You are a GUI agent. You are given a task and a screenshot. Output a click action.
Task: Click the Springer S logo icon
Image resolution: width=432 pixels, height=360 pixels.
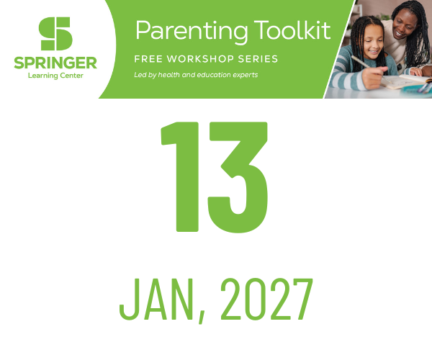[55, 34]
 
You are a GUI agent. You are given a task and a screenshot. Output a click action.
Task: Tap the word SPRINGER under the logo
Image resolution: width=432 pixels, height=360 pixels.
[55, 63]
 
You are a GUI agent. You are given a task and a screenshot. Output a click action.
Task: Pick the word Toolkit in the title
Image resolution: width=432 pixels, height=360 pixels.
[292, 30]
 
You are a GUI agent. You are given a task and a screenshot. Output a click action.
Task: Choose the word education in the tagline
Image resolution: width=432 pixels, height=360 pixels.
[210, 75]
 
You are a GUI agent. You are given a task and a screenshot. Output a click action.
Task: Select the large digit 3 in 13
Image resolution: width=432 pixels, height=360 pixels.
[238, 177]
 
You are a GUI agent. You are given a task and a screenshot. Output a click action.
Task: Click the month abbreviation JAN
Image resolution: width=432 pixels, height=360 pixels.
[156, 299]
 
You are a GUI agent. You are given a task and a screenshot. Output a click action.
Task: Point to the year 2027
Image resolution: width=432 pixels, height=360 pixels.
[267, 299]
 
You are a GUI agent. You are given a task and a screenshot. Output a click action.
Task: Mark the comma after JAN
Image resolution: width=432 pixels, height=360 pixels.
[202, 317]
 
